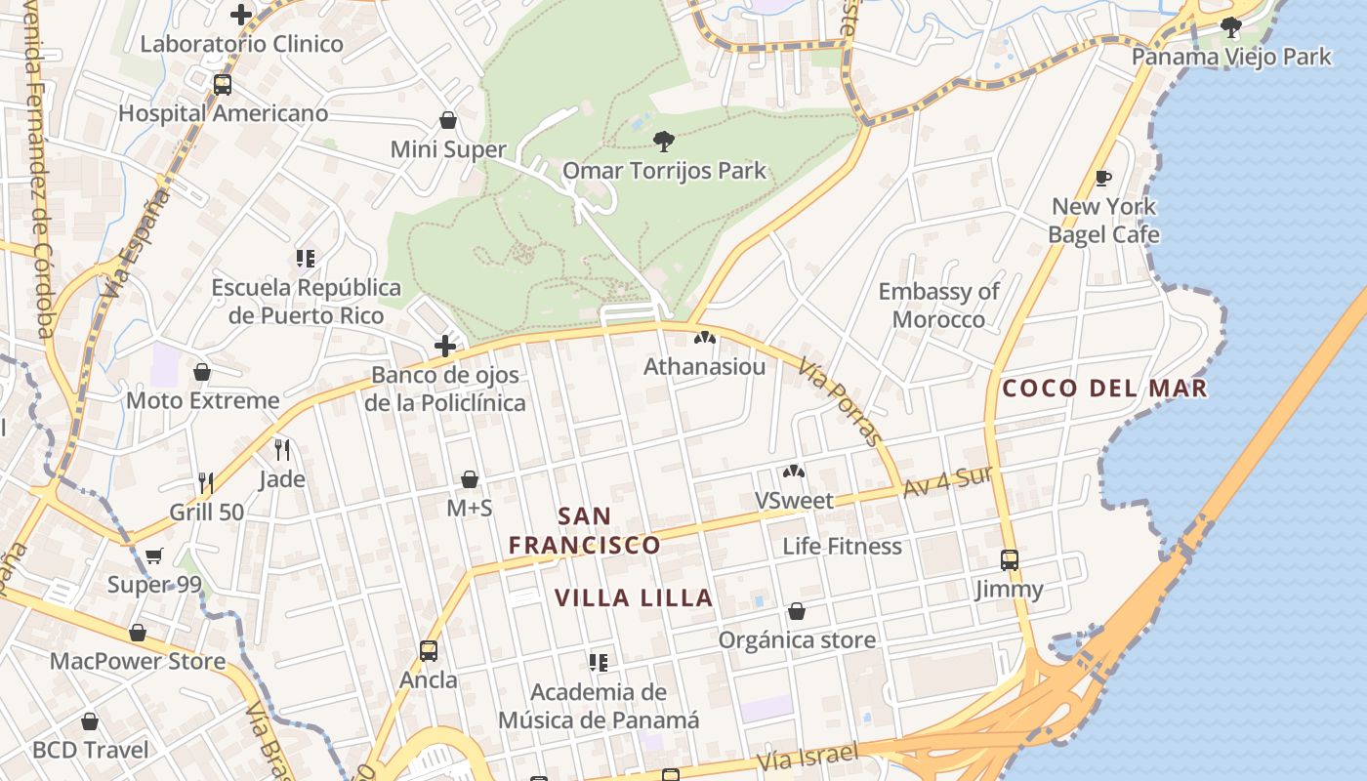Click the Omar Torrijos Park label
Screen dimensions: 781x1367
tap(664, 171)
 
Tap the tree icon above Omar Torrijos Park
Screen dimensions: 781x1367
tap(664, 142)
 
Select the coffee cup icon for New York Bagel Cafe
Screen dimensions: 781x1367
tap(1103, 178)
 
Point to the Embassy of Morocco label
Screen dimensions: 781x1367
tap(938, 306)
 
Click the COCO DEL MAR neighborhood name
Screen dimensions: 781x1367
tap(1104, 389)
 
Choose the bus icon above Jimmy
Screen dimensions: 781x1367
tap(1010, 560)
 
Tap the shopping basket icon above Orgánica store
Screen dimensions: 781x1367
tap(797, 612)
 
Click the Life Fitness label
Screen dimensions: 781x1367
tap(842, 546)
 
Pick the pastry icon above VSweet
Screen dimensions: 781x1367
tap(794, 473)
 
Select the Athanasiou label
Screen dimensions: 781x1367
tap(704, 367)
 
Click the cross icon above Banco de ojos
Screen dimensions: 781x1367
tap(445, 346)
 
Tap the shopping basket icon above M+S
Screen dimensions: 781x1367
tap(470, 479)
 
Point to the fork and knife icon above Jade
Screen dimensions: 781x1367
tap(282, 449)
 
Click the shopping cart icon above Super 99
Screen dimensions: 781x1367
tap(154, 556)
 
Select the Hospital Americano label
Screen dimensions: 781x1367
tap(223, 113)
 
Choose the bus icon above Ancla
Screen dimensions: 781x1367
tap(428, 650)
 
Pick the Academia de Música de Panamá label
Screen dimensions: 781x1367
tap(599, 707)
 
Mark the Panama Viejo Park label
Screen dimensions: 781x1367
tap(1230, 57)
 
